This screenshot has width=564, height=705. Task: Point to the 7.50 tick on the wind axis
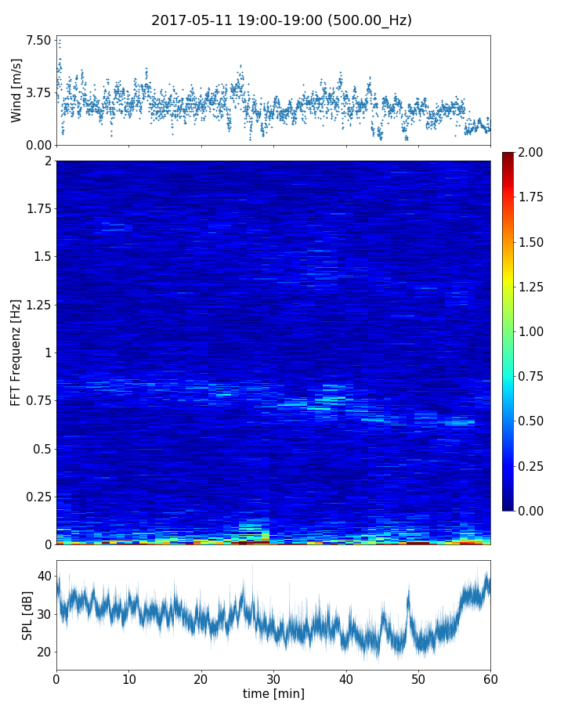[x=38, y=40]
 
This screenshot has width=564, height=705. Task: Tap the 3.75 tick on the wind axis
[x=38, y=92]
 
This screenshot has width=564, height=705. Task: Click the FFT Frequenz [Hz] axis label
[x=16, y=352]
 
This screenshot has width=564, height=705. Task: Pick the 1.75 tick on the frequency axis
[x=38, y=209]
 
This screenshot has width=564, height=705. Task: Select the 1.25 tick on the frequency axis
[x=38, y=305]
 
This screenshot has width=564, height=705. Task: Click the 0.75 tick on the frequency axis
[x=38, y=401]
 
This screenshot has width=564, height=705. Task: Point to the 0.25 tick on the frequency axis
[x=38, y=497]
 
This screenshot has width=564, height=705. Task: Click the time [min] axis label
[x=273, y=693]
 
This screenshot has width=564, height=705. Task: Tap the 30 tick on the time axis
[x=273, y=678]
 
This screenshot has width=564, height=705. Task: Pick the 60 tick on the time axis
[x=490, y=678]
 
